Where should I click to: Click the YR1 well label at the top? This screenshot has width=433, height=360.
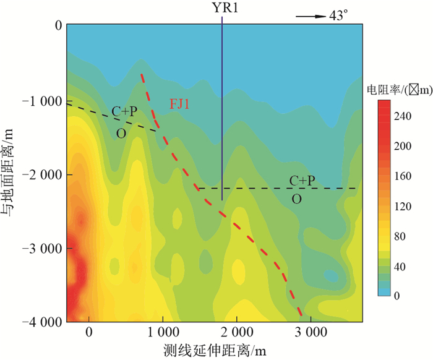[x=221, y=8]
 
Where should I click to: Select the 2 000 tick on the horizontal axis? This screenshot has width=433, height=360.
[x=237, y=333]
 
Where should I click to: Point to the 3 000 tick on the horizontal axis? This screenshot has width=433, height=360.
[x=311, y=333]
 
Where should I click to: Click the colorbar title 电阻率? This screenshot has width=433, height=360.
[x=384, y=91]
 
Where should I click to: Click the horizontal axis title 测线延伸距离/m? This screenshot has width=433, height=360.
[x=216, y=350]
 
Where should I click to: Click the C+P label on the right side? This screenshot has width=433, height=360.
[x=302, y=181]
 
